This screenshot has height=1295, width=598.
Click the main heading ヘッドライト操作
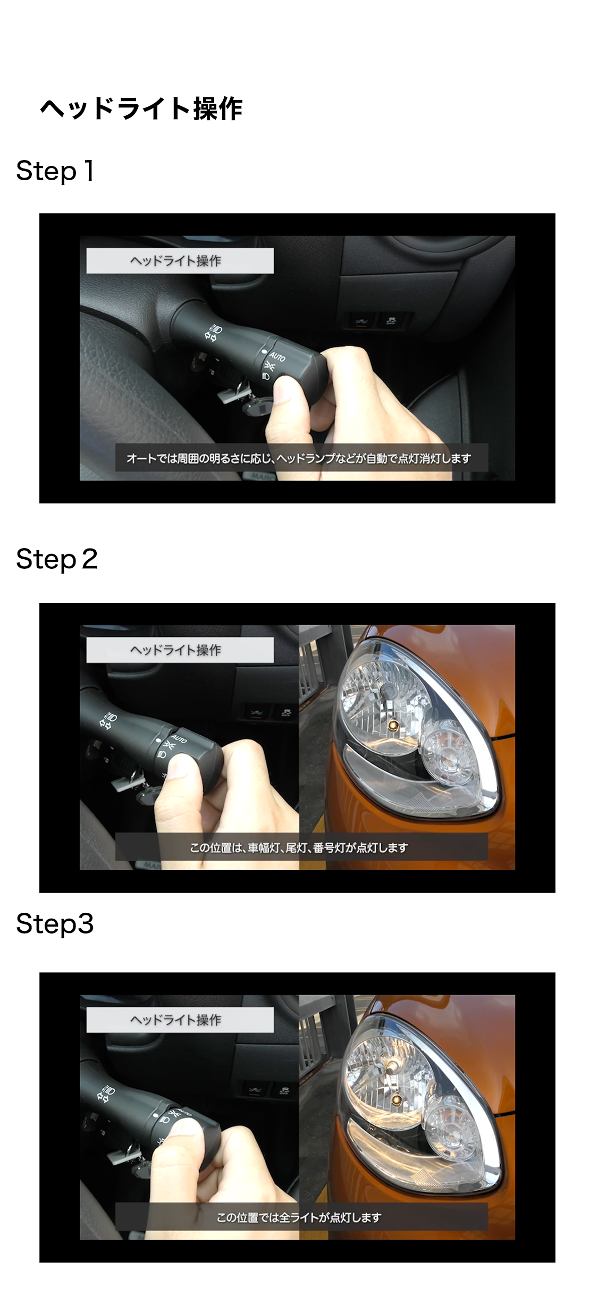point(141,109)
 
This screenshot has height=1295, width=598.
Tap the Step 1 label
point(55,171)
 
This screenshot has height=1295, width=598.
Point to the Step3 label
point(55,924)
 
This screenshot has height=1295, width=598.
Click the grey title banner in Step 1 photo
point(180,261)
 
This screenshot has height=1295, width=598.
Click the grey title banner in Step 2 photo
point(180,650)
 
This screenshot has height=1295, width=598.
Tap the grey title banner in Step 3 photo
point(180,1020)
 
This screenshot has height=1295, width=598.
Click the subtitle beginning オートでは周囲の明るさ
point(299,458)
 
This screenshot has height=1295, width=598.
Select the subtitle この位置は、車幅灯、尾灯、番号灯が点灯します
point(299,847)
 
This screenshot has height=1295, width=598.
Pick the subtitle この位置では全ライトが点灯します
point(299,1217)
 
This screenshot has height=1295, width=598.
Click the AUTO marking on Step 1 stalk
point(277,356)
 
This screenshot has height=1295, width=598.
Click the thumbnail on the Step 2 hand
point(181,769)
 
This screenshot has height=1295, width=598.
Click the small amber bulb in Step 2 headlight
point(393,724)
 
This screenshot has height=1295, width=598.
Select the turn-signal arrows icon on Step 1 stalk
point(209,336)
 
